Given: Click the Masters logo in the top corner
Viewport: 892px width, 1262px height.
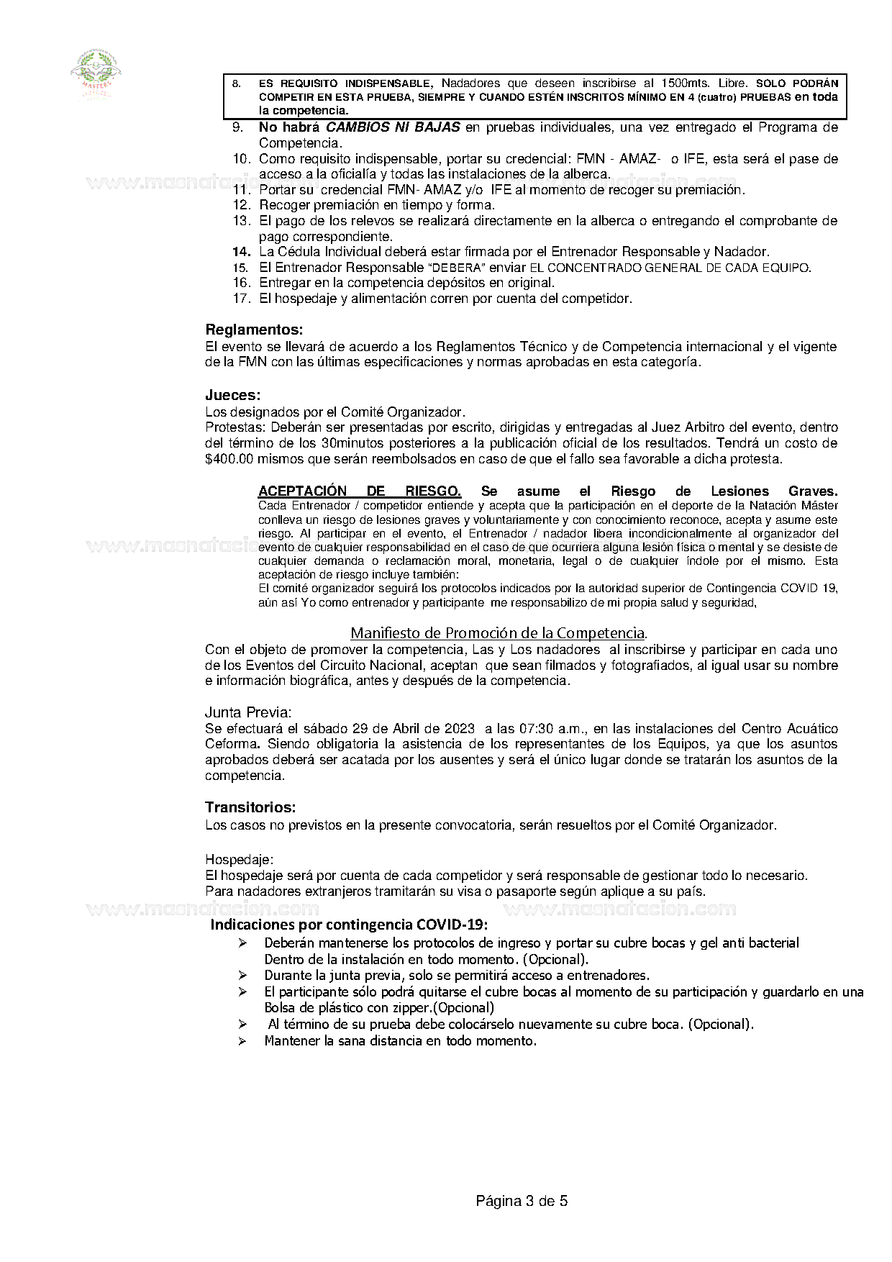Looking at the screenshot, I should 96,72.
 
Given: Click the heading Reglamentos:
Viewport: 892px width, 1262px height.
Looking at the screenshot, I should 254,330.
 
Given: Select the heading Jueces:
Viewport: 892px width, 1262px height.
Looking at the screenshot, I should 232,395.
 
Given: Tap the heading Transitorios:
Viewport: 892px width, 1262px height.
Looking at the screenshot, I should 250,807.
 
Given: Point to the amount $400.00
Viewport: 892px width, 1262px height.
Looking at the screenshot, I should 229,459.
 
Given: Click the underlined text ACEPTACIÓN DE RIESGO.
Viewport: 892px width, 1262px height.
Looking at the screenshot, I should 360,491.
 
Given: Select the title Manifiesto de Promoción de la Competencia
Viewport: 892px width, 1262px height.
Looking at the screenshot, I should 498,633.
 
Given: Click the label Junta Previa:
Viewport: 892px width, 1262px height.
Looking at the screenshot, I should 248,712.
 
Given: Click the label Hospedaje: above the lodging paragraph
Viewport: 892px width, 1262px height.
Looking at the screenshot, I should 239,860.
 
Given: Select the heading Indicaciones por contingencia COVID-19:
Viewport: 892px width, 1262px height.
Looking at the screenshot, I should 349,925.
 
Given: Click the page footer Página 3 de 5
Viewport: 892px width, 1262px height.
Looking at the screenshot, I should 522,1201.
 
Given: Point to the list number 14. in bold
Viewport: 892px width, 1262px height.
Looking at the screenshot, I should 241,252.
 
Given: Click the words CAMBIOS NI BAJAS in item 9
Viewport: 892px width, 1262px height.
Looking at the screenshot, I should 393,127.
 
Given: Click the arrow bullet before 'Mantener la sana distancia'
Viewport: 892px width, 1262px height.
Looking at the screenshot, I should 243,1041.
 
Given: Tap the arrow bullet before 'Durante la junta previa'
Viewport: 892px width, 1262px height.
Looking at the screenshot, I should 243,976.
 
